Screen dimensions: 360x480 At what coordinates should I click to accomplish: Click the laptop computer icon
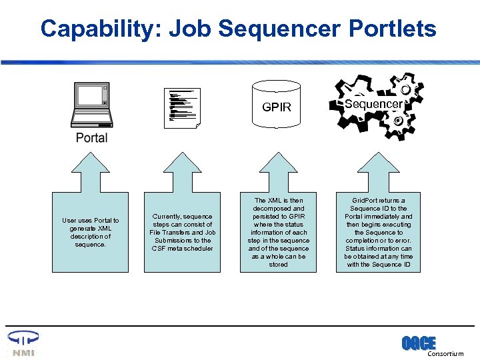[x=91, y=104]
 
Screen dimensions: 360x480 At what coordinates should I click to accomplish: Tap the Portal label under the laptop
[x=91, y=138]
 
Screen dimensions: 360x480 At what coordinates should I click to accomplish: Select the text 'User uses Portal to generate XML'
[x=91, y=225]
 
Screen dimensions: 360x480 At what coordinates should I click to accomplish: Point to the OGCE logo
[x=418, y=343]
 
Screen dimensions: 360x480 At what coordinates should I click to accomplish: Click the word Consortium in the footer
[x=445, y=354]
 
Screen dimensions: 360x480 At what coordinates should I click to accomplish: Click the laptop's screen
[x=91, y=95]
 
